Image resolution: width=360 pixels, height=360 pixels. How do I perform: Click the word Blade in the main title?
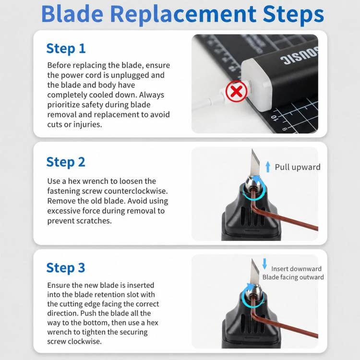(x=72, y=14)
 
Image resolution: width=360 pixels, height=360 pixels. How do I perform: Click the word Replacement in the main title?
(x=183, y=15)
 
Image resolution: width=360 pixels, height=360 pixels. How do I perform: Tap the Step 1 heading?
(x=66, y=48)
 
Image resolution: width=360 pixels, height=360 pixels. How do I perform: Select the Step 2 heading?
(x=66, y=162)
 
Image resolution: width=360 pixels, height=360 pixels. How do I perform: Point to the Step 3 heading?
(x=66, y=268)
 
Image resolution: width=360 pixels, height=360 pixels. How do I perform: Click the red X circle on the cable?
(x=237, y=91)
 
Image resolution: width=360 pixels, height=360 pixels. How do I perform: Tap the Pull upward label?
(x=298, y=167)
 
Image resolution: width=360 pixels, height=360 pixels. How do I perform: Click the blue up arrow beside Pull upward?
(x=268, y=167)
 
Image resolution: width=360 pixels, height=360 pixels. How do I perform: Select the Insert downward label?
(x=296, y=269)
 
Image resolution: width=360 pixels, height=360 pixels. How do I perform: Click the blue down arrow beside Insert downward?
(x=264, y=264)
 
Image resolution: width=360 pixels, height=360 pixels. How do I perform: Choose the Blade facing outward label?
(x=293, y=277)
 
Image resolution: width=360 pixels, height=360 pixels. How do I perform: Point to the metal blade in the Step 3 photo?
(x=254, y=273)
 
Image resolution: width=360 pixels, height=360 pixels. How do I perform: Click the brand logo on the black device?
(x=299, y=56)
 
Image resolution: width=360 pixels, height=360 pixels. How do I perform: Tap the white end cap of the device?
(x=255, y=84)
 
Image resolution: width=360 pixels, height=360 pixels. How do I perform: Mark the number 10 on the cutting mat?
(x=275, y=118)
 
